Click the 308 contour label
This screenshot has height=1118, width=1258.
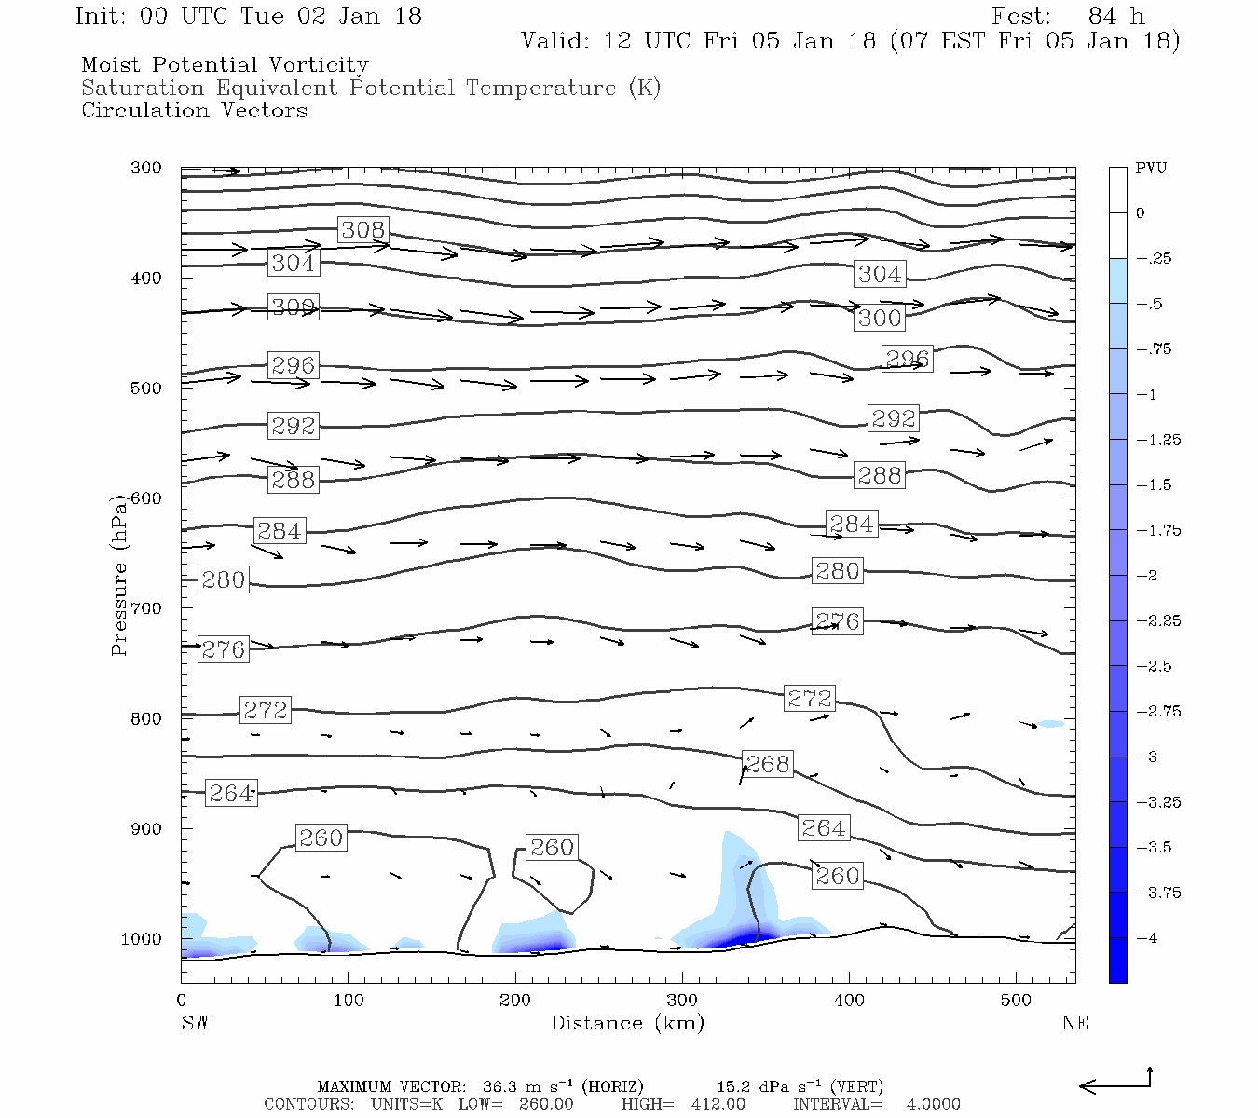click(362, 230)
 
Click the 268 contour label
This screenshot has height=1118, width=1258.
click(768, 764)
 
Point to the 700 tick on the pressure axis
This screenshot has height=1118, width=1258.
click(145, 608)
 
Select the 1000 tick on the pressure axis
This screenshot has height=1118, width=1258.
click(142, 939)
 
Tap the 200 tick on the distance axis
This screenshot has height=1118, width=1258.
click(515, 1001)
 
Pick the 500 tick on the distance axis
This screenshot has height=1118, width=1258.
click(1016, 1001)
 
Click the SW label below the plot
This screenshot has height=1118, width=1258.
click(195, 1023)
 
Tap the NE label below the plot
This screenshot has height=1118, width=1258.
click(1074, 1023)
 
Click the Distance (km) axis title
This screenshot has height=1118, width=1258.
click(627, 1023)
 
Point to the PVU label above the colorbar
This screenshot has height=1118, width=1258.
click(1151, 169)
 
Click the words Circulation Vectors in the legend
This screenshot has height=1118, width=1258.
click(194, 111)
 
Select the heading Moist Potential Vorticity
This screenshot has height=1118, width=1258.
click(225, 65)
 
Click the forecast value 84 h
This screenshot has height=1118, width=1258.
click(1115, 17)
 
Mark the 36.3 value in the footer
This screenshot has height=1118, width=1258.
click(499, 1087)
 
